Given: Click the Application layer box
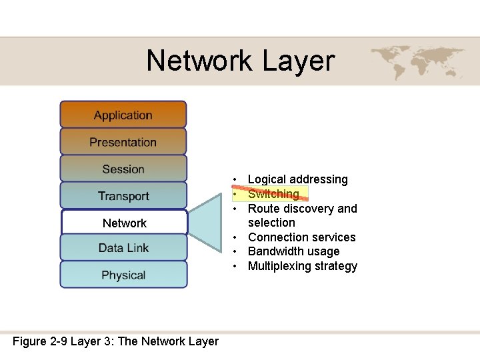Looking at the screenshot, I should [123, 115].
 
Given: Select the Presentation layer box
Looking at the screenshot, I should [123, 142].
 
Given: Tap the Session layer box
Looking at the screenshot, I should [123, 169].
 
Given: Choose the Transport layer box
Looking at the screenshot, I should [123, 196].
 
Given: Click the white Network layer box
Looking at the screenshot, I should [124, 223].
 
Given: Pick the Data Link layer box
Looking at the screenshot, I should [123, 248].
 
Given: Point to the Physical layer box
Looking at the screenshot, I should [123, 275].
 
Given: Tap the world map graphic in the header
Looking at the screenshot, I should [409, 61].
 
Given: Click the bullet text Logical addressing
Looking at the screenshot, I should [297, 179].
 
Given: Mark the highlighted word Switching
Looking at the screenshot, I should [273, 194].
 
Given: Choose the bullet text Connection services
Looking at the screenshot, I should [301, 237].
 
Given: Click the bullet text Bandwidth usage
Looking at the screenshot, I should [293, 251].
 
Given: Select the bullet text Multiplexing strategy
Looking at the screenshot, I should [302, 266].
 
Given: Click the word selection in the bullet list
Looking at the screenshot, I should [271, 223].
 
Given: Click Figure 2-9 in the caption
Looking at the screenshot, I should [39, 341].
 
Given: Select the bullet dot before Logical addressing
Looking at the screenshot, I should [236, 180].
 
